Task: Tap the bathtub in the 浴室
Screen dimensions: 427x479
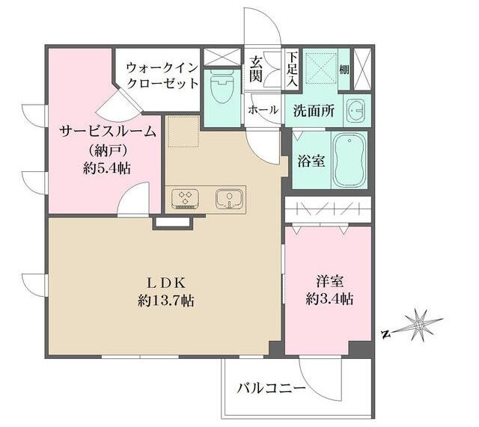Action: (x=350, y=160)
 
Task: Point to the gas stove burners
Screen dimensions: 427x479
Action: (x=184, y=198)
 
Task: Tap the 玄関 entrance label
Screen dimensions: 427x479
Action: (x=257, y=68)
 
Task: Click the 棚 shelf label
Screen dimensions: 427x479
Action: (x=343, y=70)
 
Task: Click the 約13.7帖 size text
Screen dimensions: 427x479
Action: (x=165, y=301)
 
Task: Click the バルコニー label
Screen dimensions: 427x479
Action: (x=270, y=389)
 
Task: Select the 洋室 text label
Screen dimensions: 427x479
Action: (x=329, y=282)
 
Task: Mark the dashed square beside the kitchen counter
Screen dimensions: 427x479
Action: (x=180, y=132)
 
